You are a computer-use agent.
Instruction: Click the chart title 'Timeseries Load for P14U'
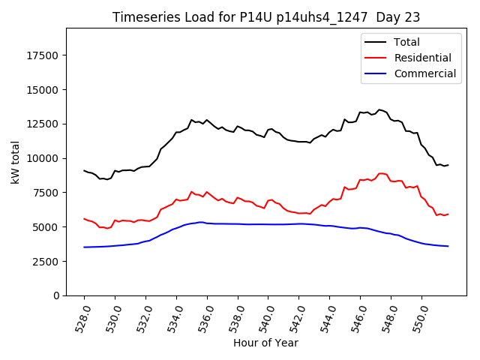195,17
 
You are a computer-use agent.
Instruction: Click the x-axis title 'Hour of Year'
266,343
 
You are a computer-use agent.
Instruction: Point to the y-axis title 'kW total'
15,162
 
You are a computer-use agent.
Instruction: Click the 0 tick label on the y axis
56,295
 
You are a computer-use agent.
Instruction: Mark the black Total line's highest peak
379,109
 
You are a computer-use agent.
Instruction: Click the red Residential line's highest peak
380,173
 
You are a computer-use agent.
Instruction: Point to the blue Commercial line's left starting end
84,247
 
